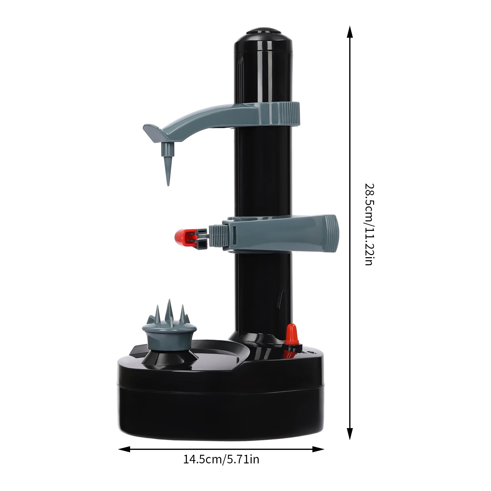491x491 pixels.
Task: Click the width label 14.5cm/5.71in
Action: pos(221,459)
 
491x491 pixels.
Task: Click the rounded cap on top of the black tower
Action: pos(263,34)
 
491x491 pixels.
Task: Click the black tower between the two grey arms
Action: pos(263,172)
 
